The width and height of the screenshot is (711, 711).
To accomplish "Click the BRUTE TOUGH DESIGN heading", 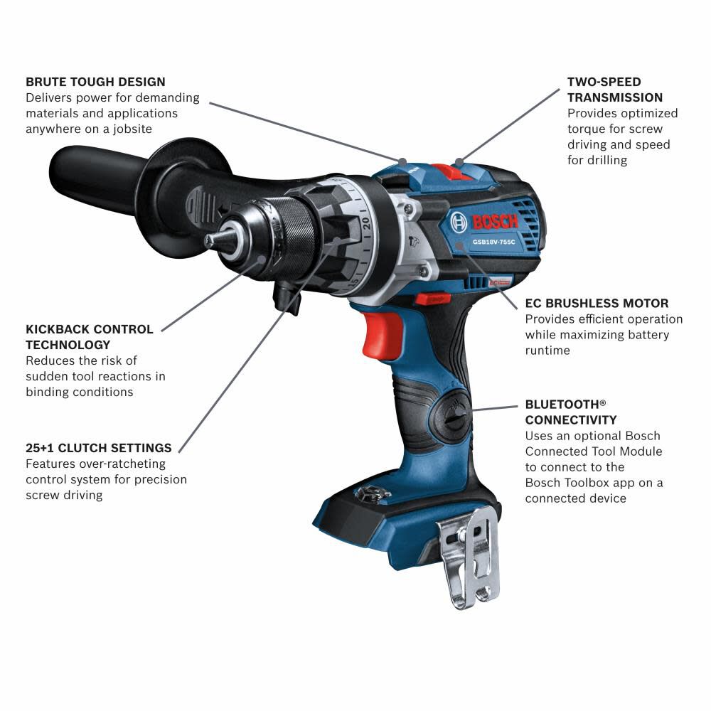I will click(x=95, y=82).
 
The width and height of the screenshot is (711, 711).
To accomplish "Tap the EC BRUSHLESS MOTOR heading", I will click(x=597, y=304).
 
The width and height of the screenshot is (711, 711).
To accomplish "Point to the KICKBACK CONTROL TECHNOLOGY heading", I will click(x=90, y=337).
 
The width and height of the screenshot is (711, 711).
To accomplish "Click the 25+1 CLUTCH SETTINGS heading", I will click(x=99, y=448).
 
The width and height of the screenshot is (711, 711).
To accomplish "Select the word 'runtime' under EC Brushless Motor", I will click(x=547, y=351).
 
